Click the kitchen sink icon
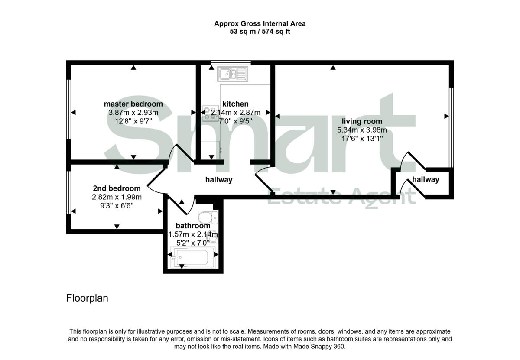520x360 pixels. [233, 74]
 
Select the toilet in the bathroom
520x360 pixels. [208, 217]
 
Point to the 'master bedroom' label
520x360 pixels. [133, 104]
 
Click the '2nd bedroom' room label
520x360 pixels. [117, 188]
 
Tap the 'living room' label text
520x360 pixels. [362, 121]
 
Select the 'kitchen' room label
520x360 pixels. [235, 104]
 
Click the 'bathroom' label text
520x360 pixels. [193, 226]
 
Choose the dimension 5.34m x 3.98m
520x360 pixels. [362, 130]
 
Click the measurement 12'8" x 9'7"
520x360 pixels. [133, 121]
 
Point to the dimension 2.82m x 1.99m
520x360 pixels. [117, 197]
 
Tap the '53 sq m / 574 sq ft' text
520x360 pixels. [260, 32]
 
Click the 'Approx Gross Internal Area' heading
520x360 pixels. [260, 24]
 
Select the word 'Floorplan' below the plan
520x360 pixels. [87, 298]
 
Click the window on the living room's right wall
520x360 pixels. [451, 127]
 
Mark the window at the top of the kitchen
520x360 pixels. [231, 62]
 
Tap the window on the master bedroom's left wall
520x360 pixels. [68, 109]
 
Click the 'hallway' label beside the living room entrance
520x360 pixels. [426, 179]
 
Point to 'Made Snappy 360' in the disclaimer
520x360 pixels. [318, 347]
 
